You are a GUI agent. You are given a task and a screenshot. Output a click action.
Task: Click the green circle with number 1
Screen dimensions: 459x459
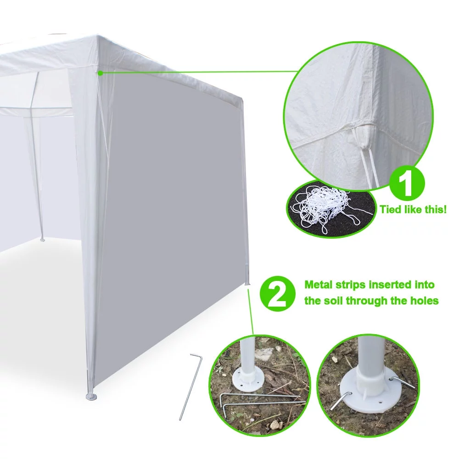pos(408,183)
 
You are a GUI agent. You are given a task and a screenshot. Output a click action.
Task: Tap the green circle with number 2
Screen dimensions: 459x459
pos(276,294)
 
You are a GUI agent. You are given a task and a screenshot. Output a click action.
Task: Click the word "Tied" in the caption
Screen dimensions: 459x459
pos(390,210)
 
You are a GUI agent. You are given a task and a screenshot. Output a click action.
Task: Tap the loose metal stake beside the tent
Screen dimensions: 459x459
pos(190,386)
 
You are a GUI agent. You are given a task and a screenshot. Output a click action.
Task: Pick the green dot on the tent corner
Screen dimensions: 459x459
pos(100,72)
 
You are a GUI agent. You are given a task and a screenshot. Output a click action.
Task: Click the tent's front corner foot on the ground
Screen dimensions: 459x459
pos(90,395)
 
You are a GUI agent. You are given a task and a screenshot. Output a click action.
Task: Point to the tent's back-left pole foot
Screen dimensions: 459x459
pos(42,239)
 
